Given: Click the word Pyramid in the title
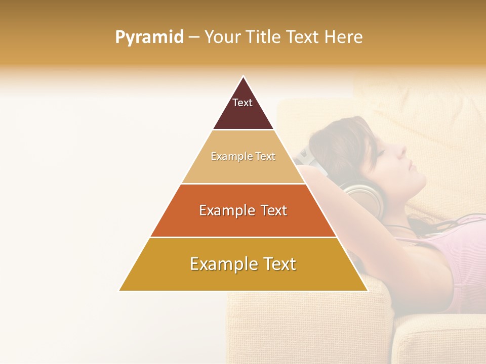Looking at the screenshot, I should [149, 37].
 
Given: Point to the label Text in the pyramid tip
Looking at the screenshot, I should [242, 103].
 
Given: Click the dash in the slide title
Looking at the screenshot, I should [194, 37].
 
